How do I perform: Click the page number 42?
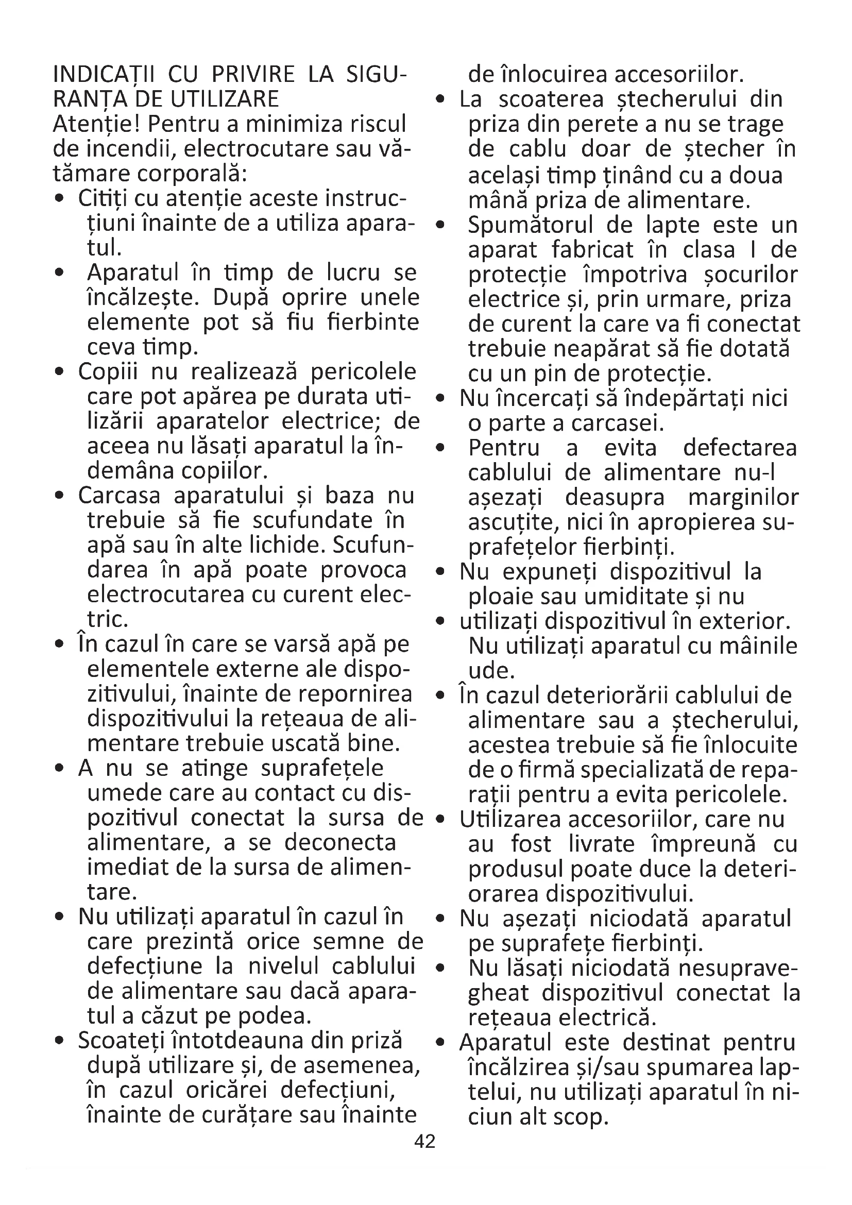pos(424,1141)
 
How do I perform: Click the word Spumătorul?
pos(530,225)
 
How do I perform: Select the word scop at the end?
pos(583,1116)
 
